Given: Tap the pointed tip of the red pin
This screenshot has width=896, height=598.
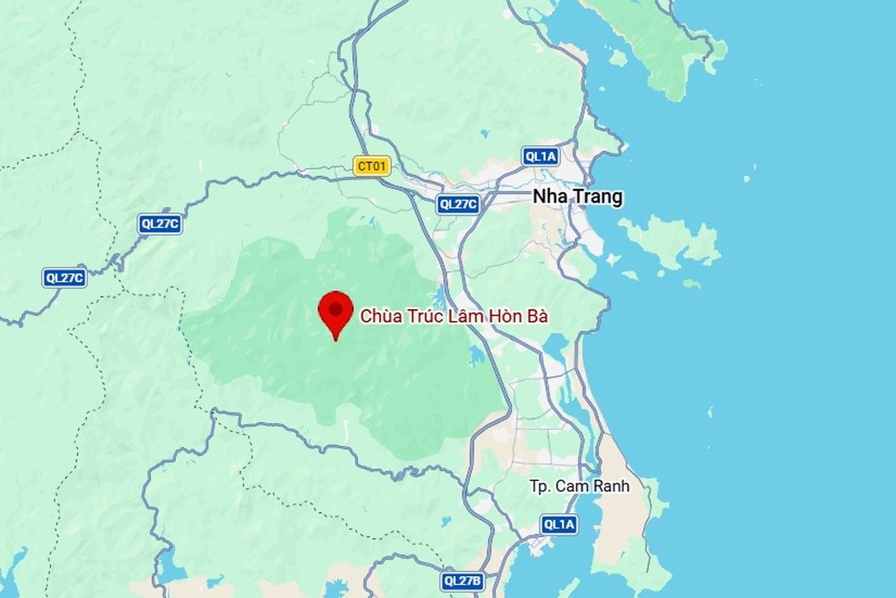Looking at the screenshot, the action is click(336, 340).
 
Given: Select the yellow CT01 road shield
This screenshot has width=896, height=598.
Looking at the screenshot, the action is click(371, 166).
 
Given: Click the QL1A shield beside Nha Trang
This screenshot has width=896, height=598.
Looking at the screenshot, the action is click(540, 156).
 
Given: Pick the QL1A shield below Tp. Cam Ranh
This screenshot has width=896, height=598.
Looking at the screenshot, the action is click(559, 525).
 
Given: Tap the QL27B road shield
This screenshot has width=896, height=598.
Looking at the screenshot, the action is click(462, 581).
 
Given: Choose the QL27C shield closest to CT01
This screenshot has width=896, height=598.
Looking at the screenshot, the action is click(458, 204).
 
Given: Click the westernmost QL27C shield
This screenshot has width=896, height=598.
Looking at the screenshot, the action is click(64, 278).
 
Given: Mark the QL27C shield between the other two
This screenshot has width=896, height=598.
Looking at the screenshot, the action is click(160, 224).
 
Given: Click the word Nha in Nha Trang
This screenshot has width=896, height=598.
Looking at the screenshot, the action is click(550, 197).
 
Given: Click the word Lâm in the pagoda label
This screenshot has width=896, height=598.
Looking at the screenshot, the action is click(466, 317).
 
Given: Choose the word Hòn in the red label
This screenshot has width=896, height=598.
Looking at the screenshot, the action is click(505, 317).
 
